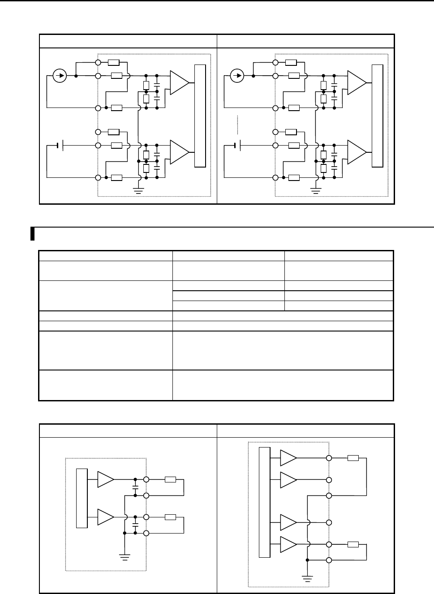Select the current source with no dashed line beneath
click(x=59, y=76)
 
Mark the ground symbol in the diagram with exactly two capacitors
click(x=125, y=557)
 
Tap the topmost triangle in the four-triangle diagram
click(x=288, y=458)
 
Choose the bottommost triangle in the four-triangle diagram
click(x=288, y=544)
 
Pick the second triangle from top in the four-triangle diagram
click(x=288, y=480)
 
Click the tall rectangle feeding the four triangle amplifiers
click(x=265, y=502)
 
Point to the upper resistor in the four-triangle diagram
click(x=353, y=458)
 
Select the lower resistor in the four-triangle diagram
click(x=353, y=544)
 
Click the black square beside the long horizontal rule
click(x=33, y=234)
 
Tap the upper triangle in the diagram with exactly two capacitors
click(x=105, y=479)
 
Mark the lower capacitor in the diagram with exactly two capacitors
click(x=135, y=521)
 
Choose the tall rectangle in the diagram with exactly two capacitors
click(x=82, y=498)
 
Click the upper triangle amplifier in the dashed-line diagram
click(x=356, y=83)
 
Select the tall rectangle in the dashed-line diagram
click(x=378, y=116)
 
